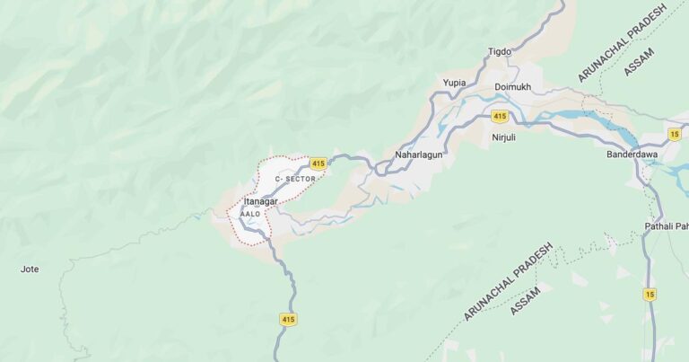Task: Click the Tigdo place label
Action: click(499, 51)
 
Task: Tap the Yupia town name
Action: click(455, 83)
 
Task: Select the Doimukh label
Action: click(512, 87)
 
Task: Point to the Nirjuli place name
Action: click(505, 137)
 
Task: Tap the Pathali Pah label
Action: click(666, 225)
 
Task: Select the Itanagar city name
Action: click(261, 202)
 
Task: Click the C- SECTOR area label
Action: click(295, 180)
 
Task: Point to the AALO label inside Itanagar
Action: click(250, 214)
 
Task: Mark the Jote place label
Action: click(30, 269)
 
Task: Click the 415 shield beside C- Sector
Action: click(318, 163)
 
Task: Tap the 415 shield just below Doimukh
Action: click(500, 117)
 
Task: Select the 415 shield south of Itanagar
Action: click(288, 319)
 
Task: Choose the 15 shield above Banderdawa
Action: click(674, 134)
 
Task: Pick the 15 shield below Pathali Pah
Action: click(650, 294)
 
